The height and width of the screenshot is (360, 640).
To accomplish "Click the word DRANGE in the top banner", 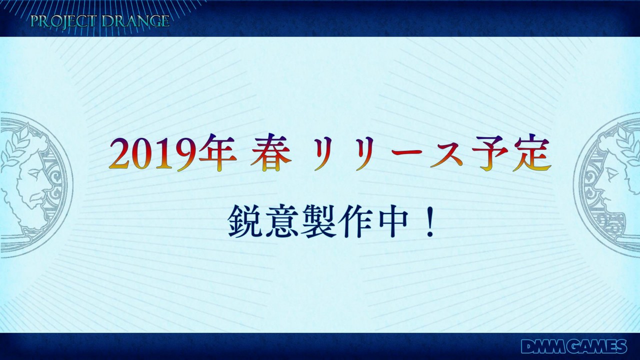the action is pos(135,21).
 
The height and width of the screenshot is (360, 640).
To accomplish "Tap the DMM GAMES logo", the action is pos(574,346).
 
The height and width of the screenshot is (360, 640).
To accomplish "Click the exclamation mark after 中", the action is pos(429,221).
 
